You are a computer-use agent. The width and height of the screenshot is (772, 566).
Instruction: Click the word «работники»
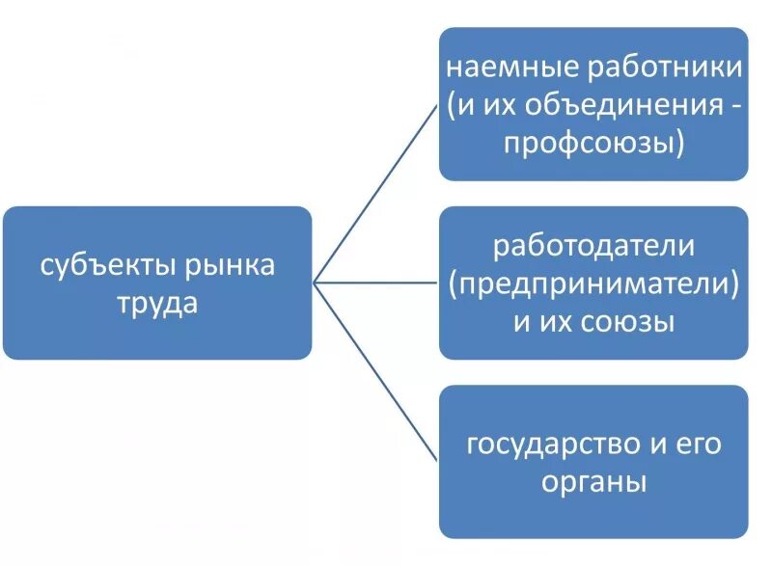[x=664, y=68]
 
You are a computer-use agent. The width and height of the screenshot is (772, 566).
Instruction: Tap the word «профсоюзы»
[x=587, y=143]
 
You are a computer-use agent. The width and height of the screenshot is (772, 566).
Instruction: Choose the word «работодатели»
[x=593, y=246]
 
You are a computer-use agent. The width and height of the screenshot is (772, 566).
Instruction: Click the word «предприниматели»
[x=593, y=283]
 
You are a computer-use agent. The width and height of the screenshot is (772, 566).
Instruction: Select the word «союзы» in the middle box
[x=628, y=321]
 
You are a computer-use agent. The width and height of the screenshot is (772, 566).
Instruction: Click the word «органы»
[x=593, y=481]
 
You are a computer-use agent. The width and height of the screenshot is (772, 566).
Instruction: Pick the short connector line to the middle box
[x=376, y=283]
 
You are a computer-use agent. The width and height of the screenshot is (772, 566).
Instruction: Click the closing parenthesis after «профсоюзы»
[x=679, y=144]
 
